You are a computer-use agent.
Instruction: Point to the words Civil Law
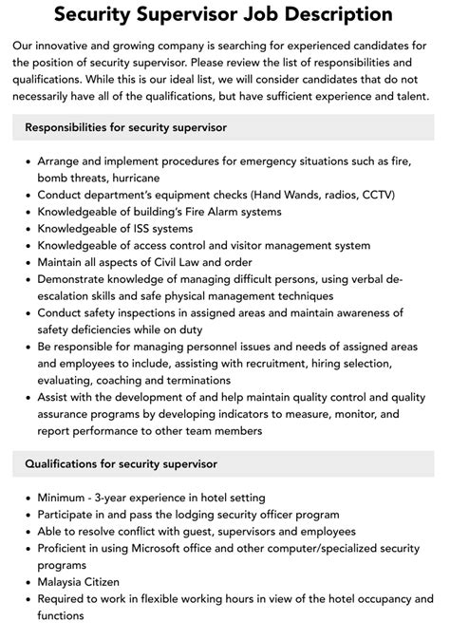(x=168, y=262)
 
